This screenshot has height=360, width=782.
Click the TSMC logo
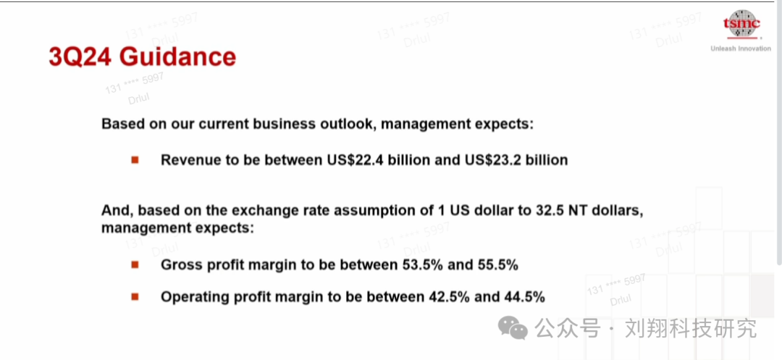742,24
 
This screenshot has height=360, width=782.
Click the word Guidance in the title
178,56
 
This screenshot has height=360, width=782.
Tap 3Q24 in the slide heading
81,56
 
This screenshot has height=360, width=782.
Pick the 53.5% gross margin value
422,265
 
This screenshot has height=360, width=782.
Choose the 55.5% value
497,265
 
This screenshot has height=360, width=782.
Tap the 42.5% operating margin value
450,297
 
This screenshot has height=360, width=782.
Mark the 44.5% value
525,297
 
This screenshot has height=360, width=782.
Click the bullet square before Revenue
135,160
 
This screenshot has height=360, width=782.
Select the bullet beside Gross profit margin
135,265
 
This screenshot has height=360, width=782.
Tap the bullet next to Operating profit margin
135,297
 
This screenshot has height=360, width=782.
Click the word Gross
178,265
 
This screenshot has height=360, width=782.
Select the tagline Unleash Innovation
741,49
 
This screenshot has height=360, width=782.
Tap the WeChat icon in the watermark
512,329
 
